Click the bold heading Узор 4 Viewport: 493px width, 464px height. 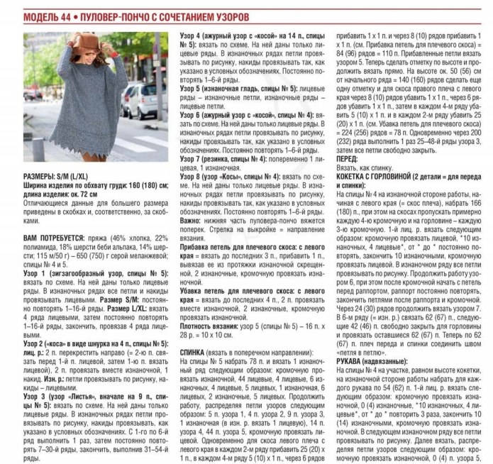(192, 35)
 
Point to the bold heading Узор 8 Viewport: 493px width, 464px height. (192, 175)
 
